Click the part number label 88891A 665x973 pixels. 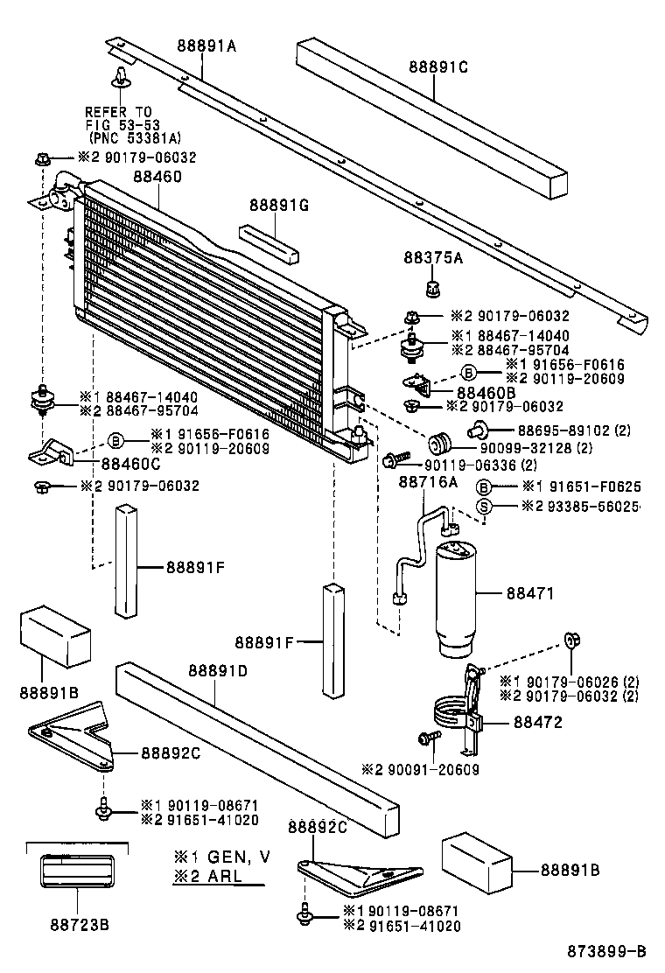(206, 48)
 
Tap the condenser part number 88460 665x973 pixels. (157, 177)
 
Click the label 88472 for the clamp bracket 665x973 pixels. (537, 723)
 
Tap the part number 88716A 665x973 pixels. (429, 481)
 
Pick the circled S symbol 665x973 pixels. (483, 507)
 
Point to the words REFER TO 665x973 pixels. (118, 112)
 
